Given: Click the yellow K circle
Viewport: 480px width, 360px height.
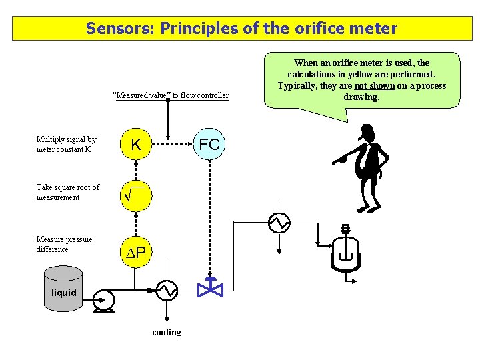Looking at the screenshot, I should coord(135,145).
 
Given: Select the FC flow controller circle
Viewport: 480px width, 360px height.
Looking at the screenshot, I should coord(209,145).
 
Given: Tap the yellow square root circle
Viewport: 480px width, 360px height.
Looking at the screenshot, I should coord(135,196).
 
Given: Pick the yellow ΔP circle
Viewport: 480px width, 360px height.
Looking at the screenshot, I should coord(135,251).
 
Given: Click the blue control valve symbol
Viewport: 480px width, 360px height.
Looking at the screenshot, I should coord(210,289).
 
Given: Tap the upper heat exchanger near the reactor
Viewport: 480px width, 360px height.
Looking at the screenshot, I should coord(279,223).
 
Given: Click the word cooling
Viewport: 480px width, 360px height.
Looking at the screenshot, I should coord(167,332).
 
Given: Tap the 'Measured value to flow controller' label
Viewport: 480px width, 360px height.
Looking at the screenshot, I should coord(171,95).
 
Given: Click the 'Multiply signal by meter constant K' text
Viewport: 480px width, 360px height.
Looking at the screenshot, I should coord(66,144).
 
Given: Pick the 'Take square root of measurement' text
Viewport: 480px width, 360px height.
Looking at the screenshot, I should coord(67,192).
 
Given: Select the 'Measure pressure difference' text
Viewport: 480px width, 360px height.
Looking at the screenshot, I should coord(64,244).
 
